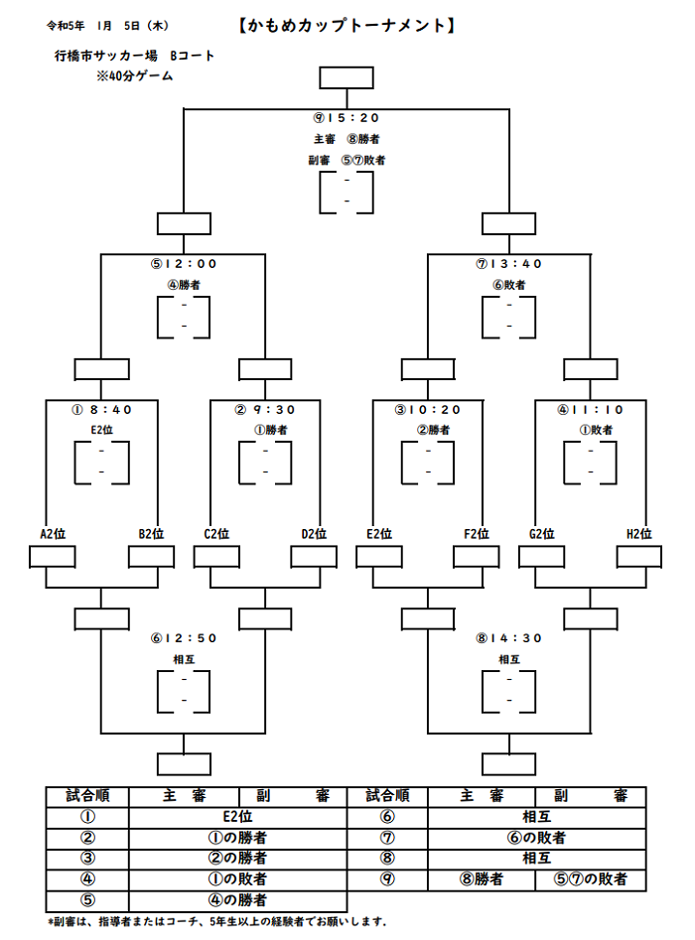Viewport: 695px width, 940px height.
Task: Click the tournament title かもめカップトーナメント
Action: pos(347,26)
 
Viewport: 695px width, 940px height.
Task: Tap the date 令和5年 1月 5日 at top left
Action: pos(93,26)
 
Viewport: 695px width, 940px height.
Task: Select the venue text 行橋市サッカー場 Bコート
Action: pos(134,56)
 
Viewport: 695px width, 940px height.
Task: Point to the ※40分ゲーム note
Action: pos(134,76)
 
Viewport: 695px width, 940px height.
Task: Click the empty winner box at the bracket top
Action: pos(347,78)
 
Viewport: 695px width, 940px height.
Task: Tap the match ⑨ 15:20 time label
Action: pos(347,118)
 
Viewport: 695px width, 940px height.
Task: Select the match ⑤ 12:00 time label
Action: pos(184,264)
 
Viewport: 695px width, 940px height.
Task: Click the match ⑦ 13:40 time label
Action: pos(509,264)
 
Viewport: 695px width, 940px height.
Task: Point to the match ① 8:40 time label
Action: pos(102,410)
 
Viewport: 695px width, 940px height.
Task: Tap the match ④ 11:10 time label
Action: pos(591,410)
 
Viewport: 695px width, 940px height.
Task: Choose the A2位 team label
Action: pos(53,534)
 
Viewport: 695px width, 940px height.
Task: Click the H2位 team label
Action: pos(639,534)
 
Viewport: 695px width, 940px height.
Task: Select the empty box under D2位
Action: pos(314,557)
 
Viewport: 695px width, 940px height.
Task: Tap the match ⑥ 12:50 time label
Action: pos(184,638)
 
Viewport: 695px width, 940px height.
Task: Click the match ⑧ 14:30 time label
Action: pos(509,638)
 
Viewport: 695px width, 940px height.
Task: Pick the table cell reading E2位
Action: pos(238,817)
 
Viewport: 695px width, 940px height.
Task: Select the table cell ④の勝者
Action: pos(238,900)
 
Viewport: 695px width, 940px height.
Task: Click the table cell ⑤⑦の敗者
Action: pos(590,879)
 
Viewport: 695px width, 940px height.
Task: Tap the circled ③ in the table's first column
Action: pos(87,859)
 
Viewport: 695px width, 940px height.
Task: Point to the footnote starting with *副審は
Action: pos(217,922)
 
